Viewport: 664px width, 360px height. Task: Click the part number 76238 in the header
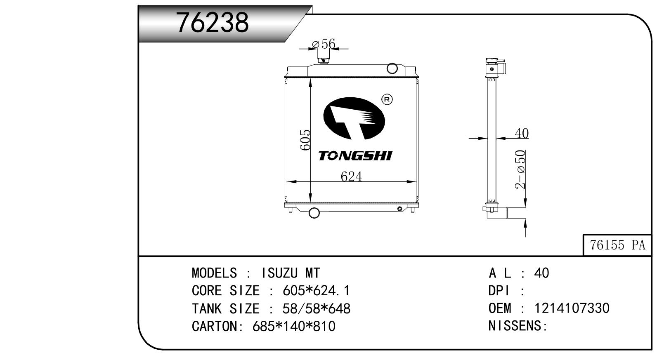coord(212,23)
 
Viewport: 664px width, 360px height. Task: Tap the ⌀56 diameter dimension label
coord(324,44)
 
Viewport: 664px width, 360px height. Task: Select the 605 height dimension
coord(305,140)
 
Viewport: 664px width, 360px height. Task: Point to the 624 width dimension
coord(351,176)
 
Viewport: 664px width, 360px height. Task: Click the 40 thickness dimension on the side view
coord(522,133)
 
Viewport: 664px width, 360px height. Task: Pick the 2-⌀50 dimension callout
coord(520,169)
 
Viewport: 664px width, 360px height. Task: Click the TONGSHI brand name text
coord(355,155)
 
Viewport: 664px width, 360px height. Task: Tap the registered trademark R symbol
coord(387,99)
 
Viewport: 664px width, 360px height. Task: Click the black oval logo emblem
coord(354,118)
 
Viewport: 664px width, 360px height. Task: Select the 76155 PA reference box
coord(617,245)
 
